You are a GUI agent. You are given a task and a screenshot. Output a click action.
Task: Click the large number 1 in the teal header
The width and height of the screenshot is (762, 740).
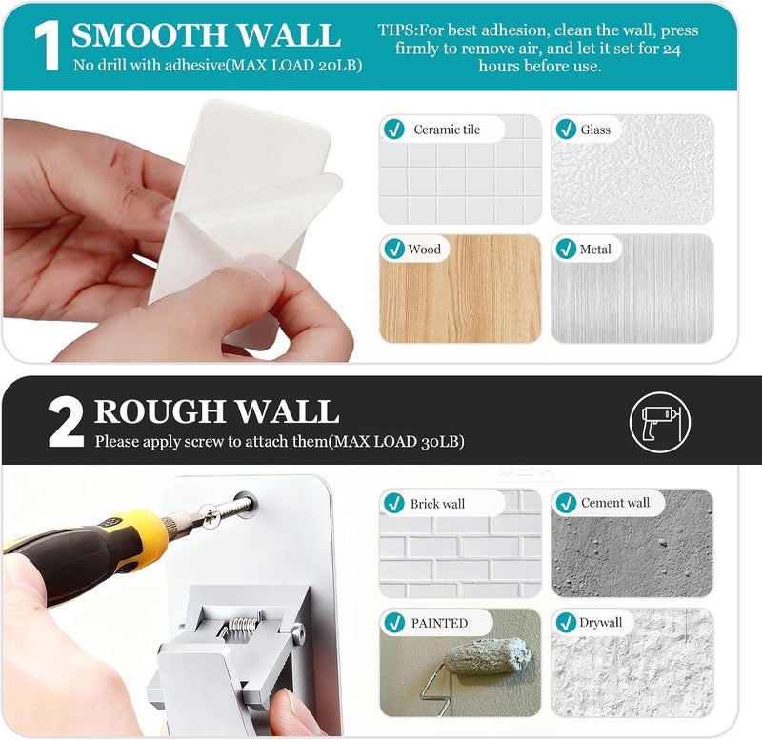[47, 46]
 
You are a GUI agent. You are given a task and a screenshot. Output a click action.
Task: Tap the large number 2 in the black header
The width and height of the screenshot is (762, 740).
[66, 423]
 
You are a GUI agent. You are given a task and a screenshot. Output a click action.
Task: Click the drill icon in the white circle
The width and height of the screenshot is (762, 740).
[659, 422]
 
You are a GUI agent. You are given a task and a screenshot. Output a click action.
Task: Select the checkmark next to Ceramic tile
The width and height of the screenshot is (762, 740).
[393, 130]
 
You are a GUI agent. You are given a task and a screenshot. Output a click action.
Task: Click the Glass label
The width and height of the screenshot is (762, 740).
[595, 130]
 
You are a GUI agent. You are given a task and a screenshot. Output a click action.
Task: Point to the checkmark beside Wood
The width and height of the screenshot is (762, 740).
[394, 249]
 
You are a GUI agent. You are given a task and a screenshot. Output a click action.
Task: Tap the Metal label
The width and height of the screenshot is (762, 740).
[595, 250]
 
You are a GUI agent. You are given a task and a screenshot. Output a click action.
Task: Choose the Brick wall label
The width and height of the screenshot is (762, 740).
[437, 504]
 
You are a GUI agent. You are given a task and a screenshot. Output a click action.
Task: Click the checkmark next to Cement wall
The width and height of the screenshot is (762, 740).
[566, 503]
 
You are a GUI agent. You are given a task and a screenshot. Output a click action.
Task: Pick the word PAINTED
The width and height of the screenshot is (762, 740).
[439, 623]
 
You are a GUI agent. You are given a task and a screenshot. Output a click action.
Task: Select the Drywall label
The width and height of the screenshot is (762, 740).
[601, 623]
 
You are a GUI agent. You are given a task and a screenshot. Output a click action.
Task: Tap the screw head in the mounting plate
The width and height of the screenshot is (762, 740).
[211, 515]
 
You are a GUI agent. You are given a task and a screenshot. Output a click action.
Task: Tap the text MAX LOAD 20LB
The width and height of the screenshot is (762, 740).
[294, 66]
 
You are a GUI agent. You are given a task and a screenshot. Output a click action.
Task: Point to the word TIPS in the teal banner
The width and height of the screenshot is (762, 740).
[395, 30]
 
